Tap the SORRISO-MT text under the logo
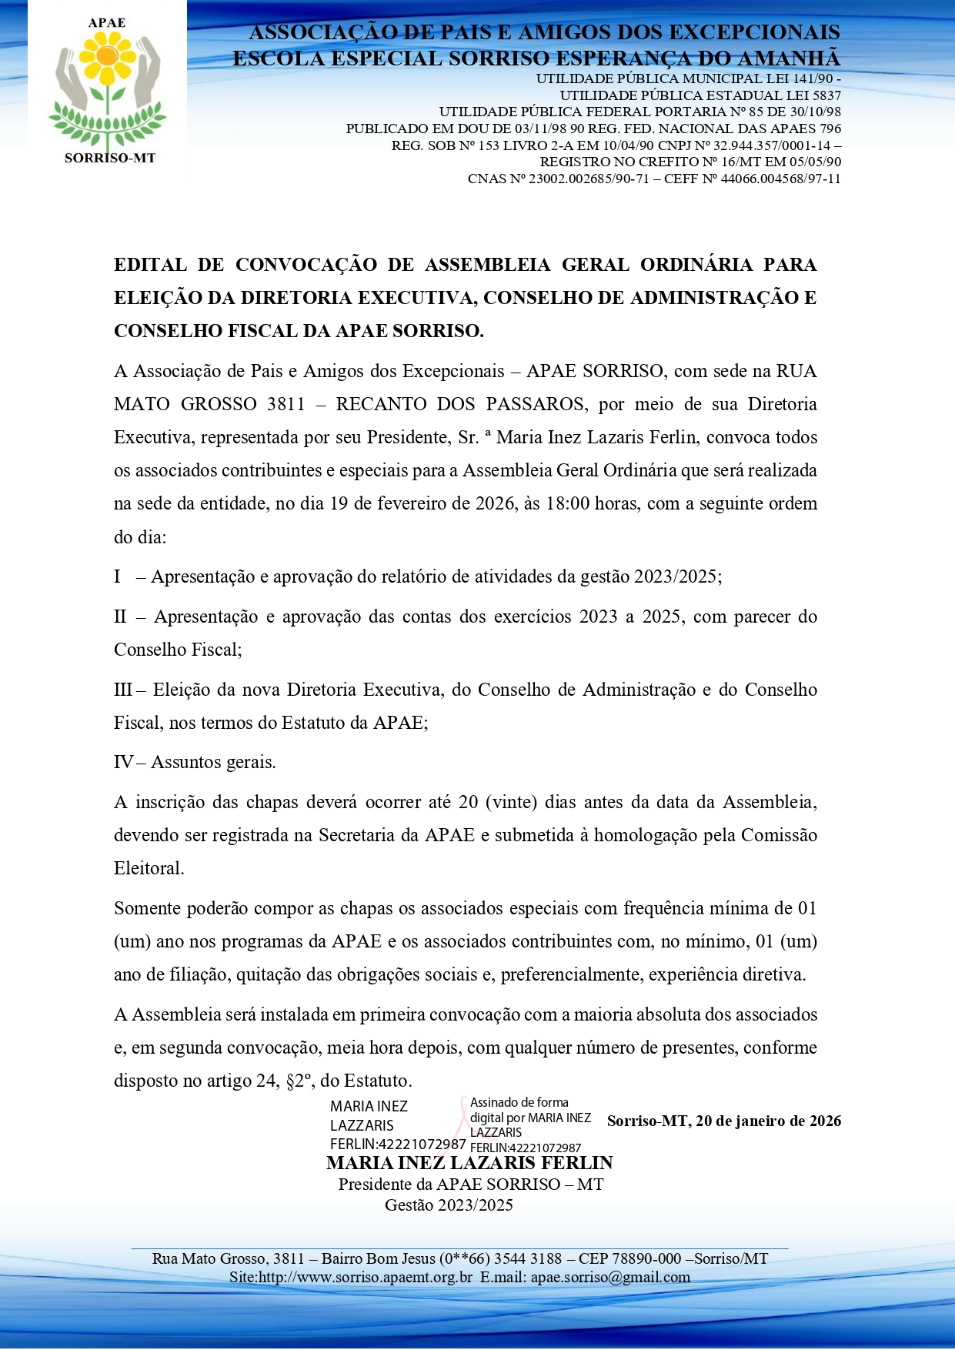pyautogui.click(x=109, y=158)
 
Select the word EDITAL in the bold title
pyautogui.click(x=150, y=265)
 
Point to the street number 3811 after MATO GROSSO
pyautogui.click(x=285, y=404)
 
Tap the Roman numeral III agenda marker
pyautogui.click(x=122, y=690)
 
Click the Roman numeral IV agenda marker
pyautogui.click(x=123, y=762)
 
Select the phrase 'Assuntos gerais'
pyautogui.click(x=213, y=762)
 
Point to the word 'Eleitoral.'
pyautogui.click(x=149, y=868)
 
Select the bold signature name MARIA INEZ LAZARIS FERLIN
pyautogui.click(x=469, y=1163)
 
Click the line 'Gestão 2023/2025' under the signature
pyautogui.click(x=449, y=1205)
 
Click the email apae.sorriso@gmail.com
pyautogui.click(x=610, y=1277)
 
